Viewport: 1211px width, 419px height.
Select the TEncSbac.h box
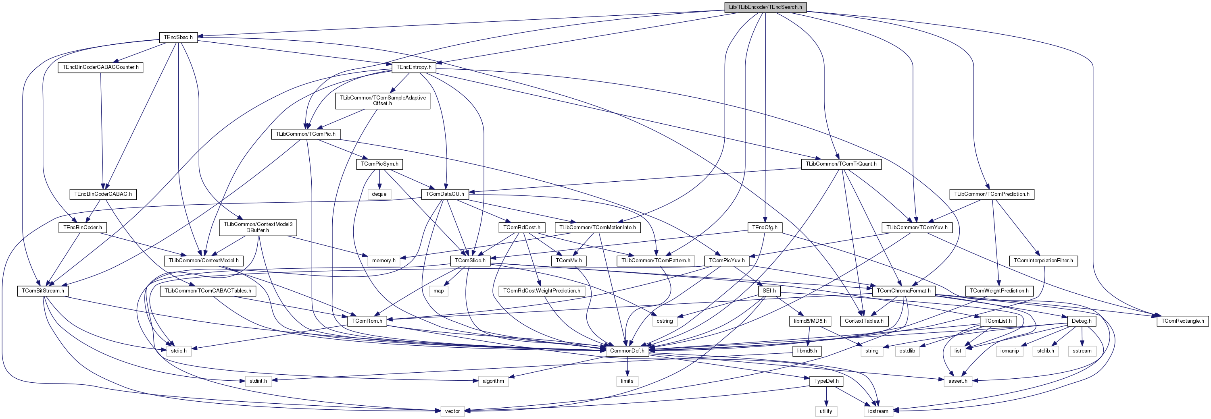click(178, 37)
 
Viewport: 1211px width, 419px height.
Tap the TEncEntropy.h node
click(414, 67)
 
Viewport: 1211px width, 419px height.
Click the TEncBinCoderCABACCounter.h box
click(100, 67)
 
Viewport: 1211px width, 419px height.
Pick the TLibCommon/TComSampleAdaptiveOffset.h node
click(382, 101)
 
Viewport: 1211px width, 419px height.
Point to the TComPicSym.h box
click(379, 164)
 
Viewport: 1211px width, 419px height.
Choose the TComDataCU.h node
click(445, 194)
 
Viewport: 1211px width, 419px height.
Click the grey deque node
click(379, 194)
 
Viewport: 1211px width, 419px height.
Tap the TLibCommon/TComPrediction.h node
click(992, 194)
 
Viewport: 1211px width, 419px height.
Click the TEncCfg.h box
click(765, 228)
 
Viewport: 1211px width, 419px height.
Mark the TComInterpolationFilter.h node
click(1043, 260)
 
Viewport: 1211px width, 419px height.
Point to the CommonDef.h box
click(627, 351)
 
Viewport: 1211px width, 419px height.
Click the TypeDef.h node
click(826, 381)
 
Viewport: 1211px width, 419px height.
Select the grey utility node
click(825, 411)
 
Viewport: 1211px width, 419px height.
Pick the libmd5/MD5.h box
click(808, 321)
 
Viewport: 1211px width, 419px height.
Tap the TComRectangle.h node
click(1182, 321)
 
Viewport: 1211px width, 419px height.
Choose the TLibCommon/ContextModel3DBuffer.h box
click(258, 227)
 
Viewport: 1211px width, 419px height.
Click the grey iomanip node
click(1009, 351)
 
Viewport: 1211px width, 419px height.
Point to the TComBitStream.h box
click(43, 291)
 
